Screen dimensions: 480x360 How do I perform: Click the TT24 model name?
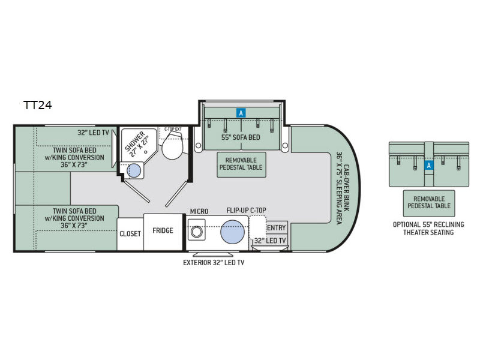[x=38, y=106]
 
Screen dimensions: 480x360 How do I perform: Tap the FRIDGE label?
[x=163, y=230]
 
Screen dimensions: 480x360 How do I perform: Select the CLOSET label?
[x=130, y=234]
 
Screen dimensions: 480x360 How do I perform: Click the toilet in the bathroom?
[x=172, y=146]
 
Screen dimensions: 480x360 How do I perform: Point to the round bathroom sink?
[x=134, y=170]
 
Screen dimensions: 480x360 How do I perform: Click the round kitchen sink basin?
[x=232, y=232]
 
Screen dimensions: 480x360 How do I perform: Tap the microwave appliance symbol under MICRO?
[x=196, y=230]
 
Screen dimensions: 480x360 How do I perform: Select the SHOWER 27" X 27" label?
[x=137, y=144]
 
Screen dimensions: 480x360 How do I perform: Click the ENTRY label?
[x=277, y=228]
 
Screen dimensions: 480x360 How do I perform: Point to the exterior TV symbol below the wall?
[x=213, y=254]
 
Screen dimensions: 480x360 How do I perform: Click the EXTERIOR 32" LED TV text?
[x=214, y=263]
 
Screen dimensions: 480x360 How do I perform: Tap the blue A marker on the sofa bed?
[x=241, y=113]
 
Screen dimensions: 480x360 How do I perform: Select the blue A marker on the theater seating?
[x=429, y=166]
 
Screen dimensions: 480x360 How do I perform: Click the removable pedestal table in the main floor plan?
[x=241, y=164]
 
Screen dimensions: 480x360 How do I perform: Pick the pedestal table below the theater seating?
[x=429, y=203]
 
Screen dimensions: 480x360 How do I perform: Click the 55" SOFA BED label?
[x=241, y=137]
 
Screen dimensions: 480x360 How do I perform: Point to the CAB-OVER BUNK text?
[x=347, y=188]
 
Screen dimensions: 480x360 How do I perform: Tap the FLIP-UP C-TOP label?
[x=247, y=211]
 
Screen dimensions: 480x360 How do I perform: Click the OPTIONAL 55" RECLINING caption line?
[x=428, y=224]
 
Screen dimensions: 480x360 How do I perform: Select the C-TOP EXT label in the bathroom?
[x=173, y=129]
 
